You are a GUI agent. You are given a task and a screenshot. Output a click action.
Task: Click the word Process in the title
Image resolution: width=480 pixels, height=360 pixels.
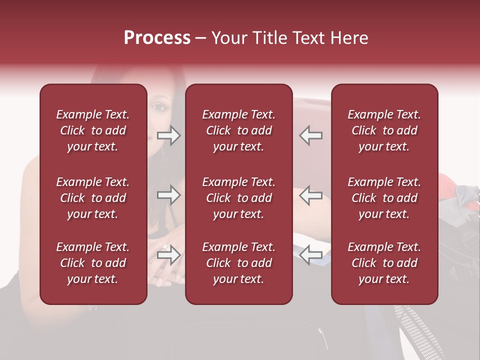tap(157, 38)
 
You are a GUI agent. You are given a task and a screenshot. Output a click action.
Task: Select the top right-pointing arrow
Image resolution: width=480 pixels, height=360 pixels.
tap(169, 135)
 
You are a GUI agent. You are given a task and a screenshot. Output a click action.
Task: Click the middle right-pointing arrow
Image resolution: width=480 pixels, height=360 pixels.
tap(169, 195)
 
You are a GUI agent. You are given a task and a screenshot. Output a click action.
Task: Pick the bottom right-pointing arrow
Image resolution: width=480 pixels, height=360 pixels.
tap(169, 255)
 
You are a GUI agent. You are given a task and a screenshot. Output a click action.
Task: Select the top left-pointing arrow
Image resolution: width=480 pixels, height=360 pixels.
tap(310, 135)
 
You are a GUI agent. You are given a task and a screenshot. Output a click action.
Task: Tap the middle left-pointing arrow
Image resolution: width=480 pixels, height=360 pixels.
tap(310, 195)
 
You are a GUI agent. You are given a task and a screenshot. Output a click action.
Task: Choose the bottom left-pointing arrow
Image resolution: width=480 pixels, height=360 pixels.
tap(310, 255)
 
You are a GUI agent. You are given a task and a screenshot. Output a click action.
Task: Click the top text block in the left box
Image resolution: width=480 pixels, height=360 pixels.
tap(93, 130)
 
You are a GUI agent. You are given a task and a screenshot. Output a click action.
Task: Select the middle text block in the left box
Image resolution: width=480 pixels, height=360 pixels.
tap(93, 198)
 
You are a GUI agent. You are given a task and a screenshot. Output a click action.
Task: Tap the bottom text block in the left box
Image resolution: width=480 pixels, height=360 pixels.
tap(93, 263)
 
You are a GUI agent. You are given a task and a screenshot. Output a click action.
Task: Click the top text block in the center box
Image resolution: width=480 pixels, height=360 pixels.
tap(238, 130)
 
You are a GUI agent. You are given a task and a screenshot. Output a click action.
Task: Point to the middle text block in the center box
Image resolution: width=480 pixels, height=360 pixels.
tap(238, 198)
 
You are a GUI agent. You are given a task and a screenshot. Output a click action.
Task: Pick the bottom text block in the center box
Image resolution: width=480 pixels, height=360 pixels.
tap(238, 263)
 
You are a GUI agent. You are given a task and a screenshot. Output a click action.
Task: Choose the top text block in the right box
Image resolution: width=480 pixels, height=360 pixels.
tap(384, 130)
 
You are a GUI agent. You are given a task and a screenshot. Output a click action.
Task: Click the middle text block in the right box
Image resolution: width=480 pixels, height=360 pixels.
tap(384, 198)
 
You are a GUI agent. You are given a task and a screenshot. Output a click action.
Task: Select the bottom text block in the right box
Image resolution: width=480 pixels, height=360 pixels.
tap(384, 263)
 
